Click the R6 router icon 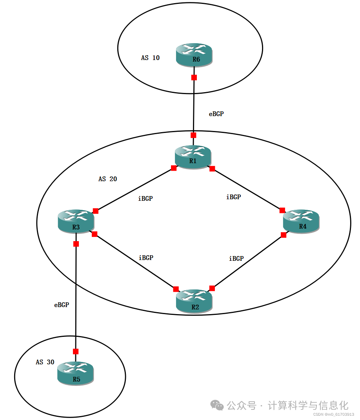[194, 55]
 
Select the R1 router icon [193, 156]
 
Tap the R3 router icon [76, 221]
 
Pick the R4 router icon [301, 221]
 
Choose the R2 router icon [194, 301]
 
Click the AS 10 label [151, 58]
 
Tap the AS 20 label [108, 179]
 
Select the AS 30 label [45, 362]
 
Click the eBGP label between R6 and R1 [216, 114]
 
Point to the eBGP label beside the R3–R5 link [62, 305]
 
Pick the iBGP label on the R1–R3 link [145, 199]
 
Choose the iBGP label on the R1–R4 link [234, 197]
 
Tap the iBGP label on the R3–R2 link [146, 258]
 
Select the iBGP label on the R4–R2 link [236, 259]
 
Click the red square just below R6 [194, 78]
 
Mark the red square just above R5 [76, 351]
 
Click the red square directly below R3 [76, 244]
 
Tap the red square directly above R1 [193, 135]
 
